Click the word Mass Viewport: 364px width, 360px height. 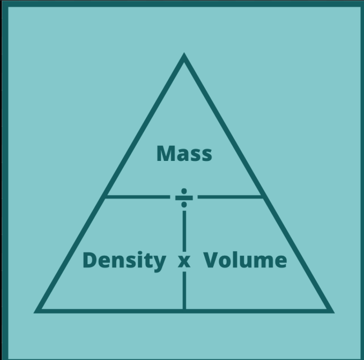184,153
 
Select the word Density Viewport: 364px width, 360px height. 124,261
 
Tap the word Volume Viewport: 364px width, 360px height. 245,261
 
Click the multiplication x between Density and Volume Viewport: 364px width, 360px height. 184,262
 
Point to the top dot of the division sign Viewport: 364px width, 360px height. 184,191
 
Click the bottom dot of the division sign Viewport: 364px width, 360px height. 184,205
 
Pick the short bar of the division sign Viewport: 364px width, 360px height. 184,197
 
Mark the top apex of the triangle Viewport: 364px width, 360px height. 184,56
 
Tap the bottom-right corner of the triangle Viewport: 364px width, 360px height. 331,310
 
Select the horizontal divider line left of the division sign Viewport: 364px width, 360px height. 137,197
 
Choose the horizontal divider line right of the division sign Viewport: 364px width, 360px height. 230,197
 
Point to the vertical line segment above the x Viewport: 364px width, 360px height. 184,230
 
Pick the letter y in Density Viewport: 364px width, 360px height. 159,263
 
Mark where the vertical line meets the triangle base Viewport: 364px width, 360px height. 184,310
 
